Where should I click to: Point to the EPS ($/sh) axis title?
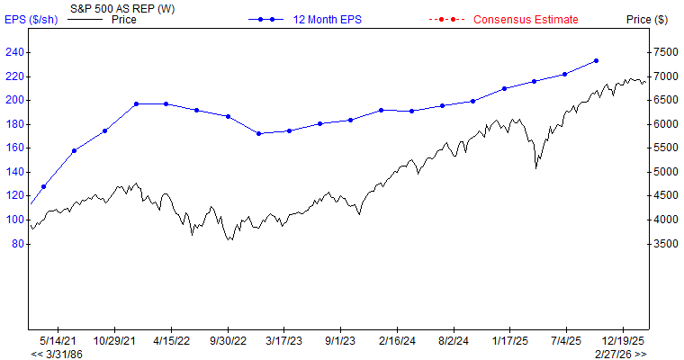point(31,19)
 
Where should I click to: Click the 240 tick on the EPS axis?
point(14,52)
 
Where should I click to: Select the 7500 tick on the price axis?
point(666,52)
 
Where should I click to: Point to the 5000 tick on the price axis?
point(666,172)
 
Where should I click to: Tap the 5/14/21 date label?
point(58,341)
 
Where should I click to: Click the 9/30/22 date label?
point(228,341)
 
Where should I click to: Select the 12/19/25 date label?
point(623,341)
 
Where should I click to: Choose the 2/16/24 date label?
point(397,341)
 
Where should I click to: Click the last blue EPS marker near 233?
point(596,61)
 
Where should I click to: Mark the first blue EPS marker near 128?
point(43,186)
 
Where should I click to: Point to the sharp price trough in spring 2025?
point(536,167)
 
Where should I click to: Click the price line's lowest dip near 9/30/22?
point(229,240)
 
